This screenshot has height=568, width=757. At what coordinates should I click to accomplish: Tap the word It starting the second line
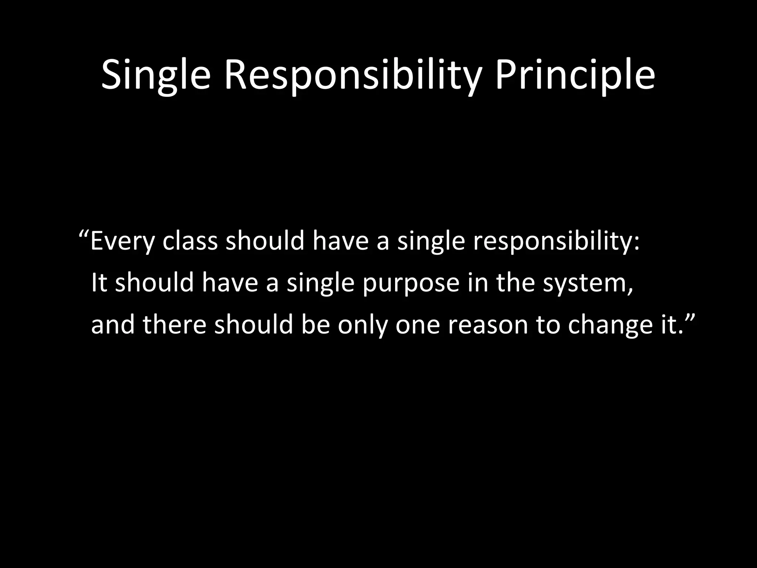click(99, 283)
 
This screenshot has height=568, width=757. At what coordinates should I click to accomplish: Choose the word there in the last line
click(174, 324)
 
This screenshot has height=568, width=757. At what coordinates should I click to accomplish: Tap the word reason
click(488, 325)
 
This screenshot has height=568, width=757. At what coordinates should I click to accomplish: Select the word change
click(606, 325)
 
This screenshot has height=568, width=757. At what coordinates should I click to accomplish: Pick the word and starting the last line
click(113, 324)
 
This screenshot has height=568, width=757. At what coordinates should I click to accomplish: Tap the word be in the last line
click(315, 324)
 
